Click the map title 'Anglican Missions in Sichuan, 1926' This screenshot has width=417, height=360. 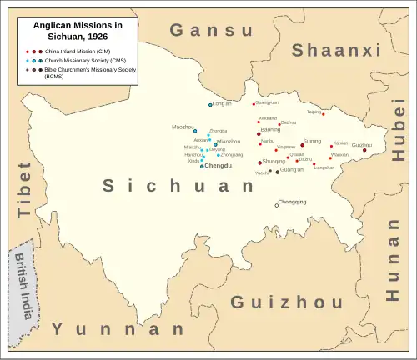(77, 32)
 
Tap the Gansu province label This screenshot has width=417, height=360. (211, 31)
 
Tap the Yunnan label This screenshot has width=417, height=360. (118, 329)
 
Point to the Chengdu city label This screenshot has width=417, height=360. (219, 167)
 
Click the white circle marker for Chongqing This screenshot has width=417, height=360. (278, 205)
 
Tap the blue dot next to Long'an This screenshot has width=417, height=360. (211, 105)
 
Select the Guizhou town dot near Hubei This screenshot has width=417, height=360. (364, 150)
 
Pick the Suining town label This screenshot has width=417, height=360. (312, 141)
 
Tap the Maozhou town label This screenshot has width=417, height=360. (183, 127)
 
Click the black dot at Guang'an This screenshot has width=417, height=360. (278, 172)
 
